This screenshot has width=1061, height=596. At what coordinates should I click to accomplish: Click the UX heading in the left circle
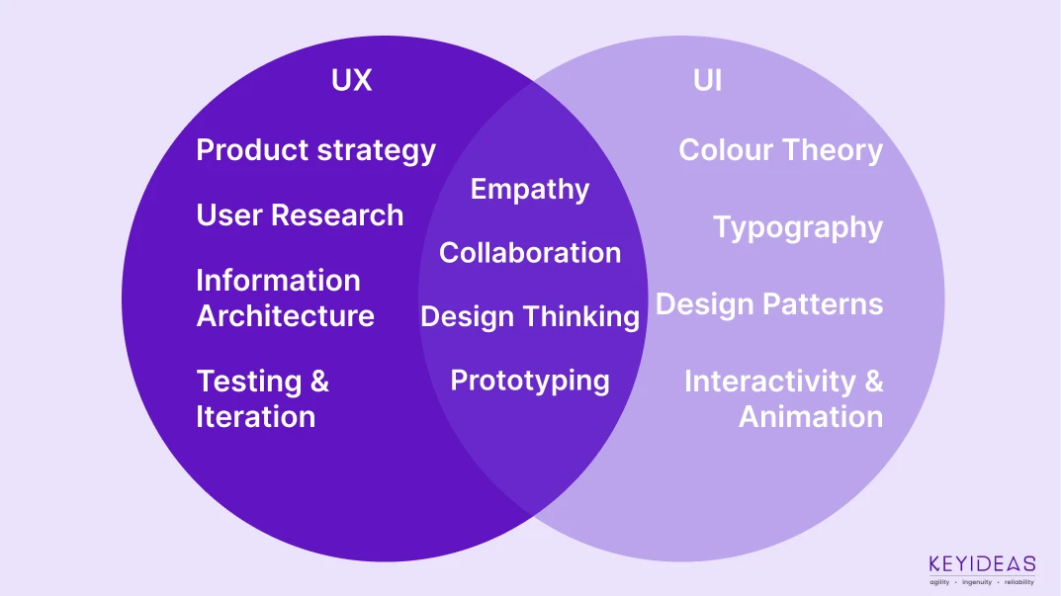click(352, 80)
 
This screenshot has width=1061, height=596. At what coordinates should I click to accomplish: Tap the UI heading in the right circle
click(707, 80)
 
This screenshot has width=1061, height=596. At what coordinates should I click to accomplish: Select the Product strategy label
click(315, 150)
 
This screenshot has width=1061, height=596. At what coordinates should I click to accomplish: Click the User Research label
click(300, 215)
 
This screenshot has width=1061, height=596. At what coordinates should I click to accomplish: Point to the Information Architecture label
click(285, 298)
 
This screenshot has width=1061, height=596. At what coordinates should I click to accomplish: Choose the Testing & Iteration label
click(262, 398)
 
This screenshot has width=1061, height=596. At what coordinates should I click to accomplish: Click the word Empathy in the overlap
click(530, 190)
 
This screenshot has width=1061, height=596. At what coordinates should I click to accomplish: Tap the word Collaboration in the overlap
click(530, 253)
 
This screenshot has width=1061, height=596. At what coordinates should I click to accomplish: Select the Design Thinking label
click(530, 316)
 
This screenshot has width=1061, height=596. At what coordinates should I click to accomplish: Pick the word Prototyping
click(530, 381)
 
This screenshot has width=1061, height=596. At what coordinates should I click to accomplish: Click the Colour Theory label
click(780, 150)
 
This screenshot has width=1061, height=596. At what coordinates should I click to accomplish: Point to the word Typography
click(798, 228)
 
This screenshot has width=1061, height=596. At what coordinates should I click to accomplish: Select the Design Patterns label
click(769, 304)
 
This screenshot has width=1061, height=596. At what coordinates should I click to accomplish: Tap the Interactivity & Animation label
click(784, 398)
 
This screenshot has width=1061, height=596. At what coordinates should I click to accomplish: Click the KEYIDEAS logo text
click(982, 564)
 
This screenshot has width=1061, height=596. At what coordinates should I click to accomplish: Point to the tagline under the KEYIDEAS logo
click(982, 582)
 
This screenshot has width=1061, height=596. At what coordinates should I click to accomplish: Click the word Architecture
click(285, 316)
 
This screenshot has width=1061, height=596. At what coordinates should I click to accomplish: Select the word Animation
click(811, 416)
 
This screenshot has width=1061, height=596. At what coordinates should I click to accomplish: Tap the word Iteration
click(255, 416)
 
